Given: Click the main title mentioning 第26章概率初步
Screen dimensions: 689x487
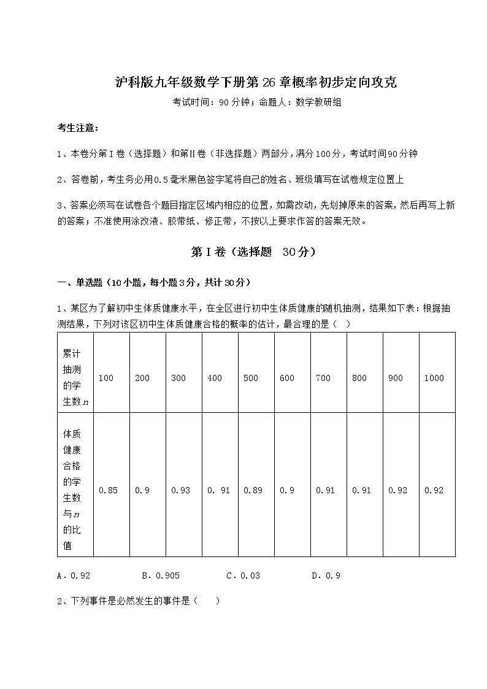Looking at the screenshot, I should tap(256, 82).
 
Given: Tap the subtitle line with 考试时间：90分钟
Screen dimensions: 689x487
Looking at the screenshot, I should tap(256, 103).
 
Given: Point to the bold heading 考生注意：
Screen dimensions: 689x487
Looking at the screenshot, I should tap(78, 128).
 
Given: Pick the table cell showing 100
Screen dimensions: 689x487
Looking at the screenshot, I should tap(105, 378).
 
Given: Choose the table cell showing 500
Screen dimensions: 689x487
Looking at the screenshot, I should tap(251, 378).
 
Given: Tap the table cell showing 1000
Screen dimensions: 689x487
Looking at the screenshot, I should tap(434, 378).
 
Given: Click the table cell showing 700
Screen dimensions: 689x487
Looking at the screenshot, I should tap(323, 378).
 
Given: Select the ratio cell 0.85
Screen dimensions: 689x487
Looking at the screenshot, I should tap(108, 490).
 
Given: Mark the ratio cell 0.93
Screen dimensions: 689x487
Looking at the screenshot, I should tap(180, 490).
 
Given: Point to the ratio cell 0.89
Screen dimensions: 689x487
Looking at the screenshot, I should tap(253, 490).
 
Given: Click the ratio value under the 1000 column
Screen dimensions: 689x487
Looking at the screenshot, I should tap(434, 490).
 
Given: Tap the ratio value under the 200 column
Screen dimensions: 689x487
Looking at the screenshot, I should tap(142, 490).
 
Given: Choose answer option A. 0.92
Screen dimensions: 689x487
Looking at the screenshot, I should tap(74, 575).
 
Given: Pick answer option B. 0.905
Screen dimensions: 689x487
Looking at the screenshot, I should tap(161, 575).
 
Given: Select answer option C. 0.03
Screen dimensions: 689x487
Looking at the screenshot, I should tap(243, 575).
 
